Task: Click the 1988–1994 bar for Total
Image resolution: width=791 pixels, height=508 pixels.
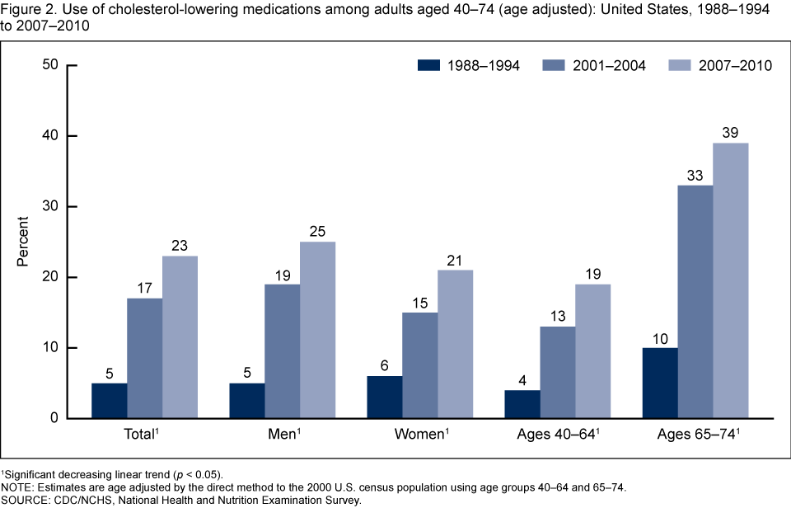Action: pos(110,401)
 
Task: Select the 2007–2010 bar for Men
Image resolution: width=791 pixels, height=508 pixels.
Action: pos(317,330)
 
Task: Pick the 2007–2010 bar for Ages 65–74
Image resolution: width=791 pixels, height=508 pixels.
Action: pos(731,280)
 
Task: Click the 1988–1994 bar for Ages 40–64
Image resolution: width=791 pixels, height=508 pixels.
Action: pos(522,404)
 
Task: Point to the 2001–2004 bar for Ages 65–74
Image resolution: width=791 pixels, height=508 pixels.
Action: pos(695,302)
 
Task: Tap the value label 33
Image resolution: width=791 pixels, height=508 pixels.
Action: pos(695,176)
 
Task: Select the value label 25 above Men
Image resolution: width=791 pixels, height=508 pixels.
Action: pos(317,233)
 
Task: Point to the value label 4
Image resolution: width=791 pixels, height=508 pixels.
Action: pos(522,381)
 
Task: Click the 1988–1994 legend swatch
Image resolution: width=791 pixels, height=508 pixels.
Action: pos(430,66)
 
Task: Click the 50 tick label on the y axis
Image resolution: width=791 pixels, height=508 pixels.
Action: pos(51,65)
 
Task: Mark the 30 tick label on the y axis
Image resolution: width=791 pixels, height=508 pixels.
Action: pos(51,206)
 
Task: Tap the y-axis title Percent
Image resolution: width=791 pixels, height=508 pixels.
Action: pos(24,242)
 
